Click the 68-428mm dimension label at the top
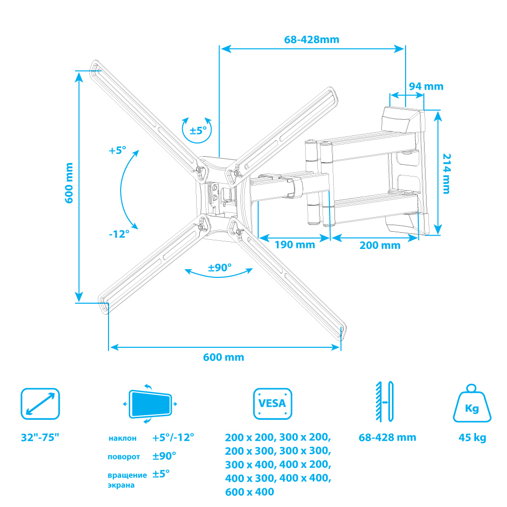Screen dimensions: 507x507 pos(311,40)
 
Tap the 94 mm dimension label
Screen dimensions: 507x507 pos(426,86)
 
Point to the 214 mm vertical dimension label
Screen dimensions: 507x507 pos(446,173)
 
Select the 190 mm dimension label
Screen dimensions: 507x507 pos(295,244)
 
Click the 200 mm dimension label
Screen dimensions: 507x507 pos(380,245)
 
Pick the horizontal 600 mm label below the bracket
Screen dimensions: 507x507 pos(224,357)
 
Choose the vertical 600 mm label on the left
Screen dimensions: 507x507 pos(69,183)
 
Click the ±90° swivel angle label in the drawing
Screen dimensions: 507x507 pos(220,267)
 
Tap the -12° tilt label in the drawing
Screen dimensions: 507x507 pos(119,234)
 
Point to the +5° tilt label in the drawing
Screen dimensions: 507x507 pos(117,151)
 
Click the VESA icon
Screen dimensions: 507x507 pos(272,404)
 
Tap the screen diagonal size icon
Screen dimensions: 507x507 pos(40,404)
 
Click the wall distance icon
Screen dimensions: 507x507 pos(384,402)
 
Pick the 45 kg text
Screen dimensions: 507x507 pos(472,438)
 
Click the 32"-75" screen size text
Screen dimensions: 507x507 pos(40,437)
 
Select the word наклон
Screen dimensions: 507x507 pos(122,438)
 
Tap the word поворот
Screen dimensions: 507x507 pos(124,457)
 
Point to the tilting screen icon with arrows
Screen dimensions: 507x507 pos(150,404)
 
